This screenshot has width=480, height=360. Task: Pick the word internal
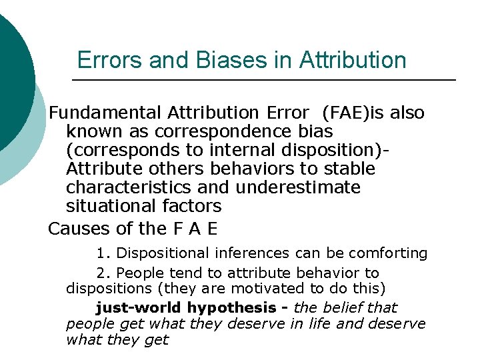click(235, 150)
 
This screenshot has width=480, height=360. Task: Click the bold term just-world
click(139, 308)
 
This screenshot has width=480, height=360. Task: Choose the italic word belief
click(345, 308)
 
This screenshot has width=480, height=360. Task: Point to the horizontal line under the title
click(263, 81)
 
